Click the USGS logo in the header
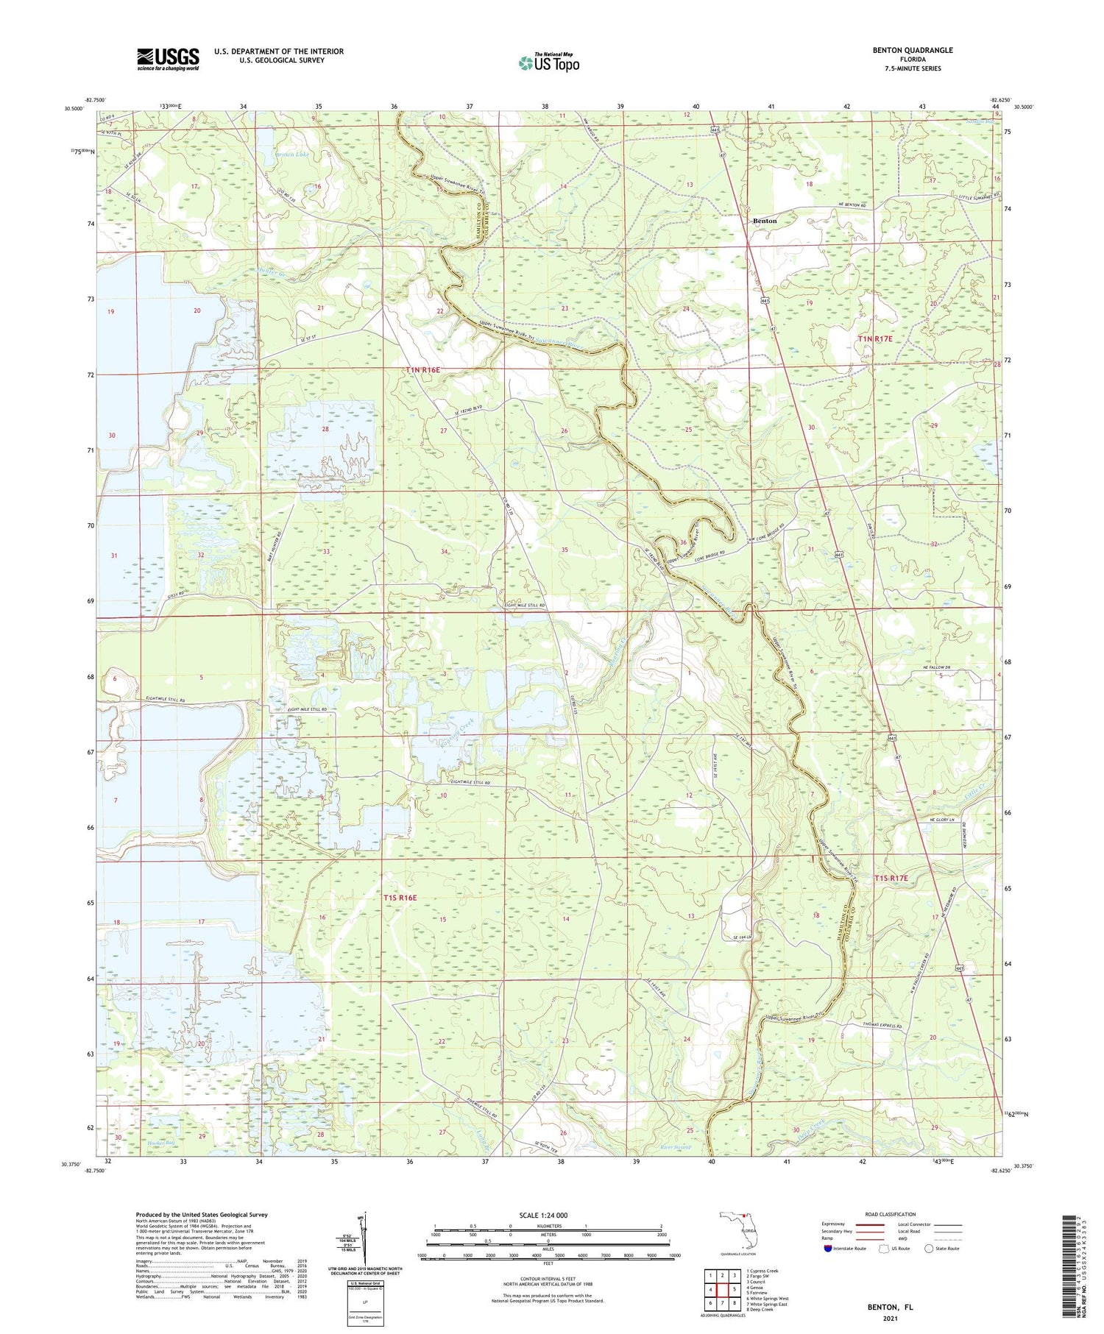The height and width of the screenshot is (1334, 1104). coord(168,59)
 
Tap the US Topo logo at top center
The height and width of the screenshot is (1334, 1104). coord(548,63)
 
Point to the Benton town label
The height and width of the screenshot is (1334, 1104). coord(765,221)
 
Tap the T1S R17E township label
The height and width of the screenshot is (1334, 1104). coord(891,879)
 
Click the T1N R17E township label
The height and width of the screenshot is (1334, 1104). coord(875,338)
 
